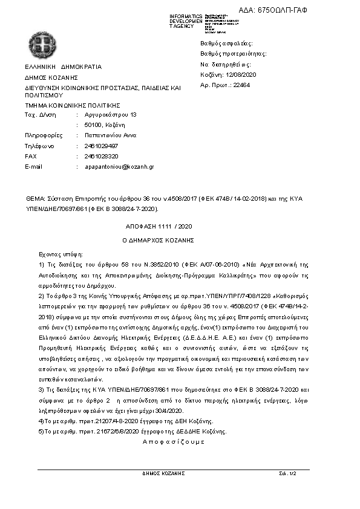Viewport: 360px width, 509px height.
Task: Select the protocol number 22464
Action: tap(241, 85)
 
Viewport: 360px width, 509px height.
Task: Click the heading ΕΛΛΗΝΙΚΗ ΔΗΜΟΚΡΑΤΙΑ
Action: tap(63, 67)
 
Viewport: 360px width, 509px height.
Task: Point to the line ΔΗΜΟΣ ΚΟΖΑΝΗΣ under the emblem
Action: tap(51, 78)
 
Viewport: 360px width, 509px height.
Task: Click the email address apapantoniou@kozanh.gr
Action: tap(120, 166)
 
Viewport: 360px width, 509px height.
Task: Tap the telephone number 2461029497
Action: tap(102, 146)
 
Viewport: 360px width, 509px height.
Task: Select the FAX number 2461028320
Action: tap(102, 156)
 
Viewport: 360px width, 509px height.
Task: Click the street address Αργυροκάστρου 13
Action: tap(111, 114)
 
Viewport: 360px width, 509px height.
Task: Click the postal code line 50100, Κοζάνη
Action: tap(105, 125)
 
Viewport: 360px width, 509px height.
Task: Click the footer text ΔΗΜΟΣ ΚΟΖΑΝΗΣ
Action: tap(161, 473)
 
